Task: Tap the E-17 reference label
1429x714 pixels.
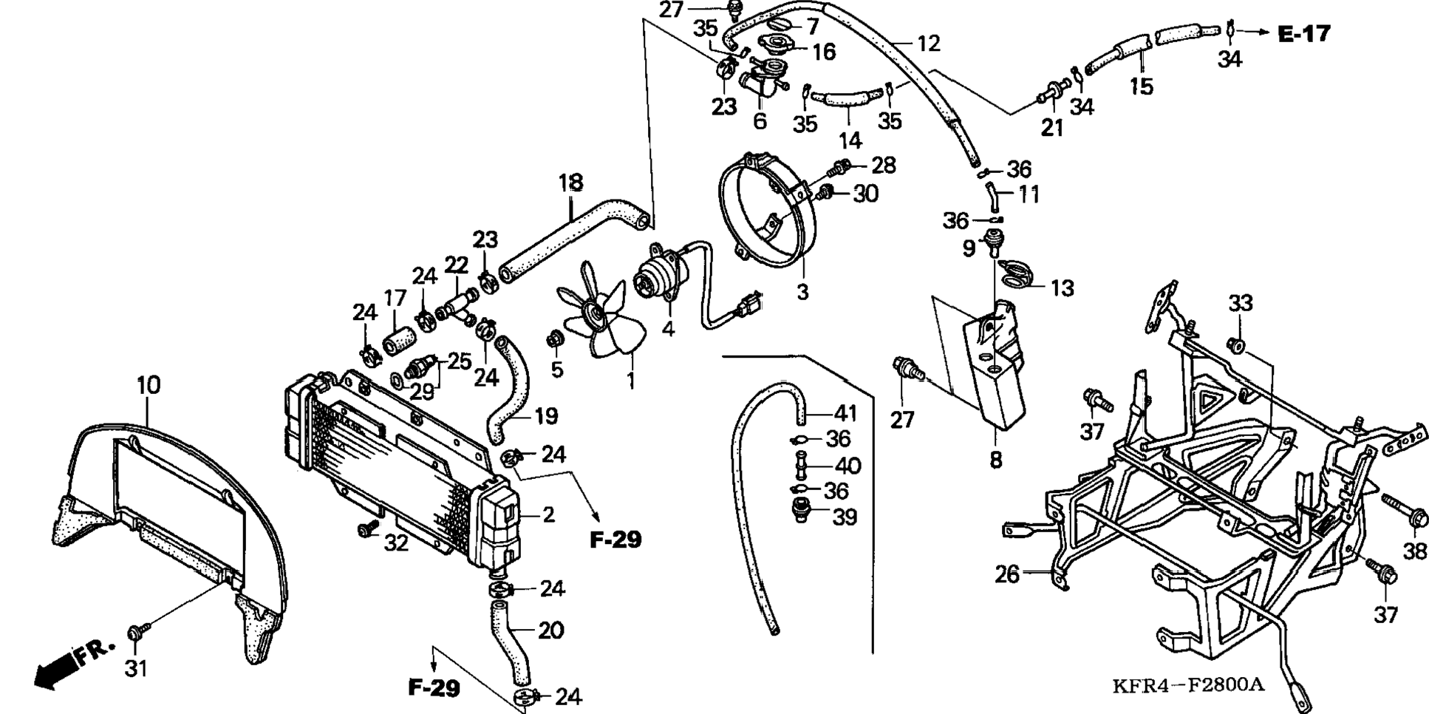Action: (x=1303, y=33)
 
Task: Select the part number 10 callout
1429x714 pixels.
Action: (x=148, y=385)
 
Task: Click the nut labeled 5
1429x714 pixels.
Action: (x=553, y=340)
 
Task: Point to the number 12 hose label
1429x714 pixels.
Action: (x=928, y=44)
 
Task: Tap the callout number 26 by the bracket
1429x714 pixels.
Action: (x=1006, y=574)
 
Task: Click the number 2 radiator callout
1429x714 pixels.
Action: (x=548, y=514)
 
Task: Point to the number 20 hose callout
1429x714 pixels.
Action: (x=550, y=630)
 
